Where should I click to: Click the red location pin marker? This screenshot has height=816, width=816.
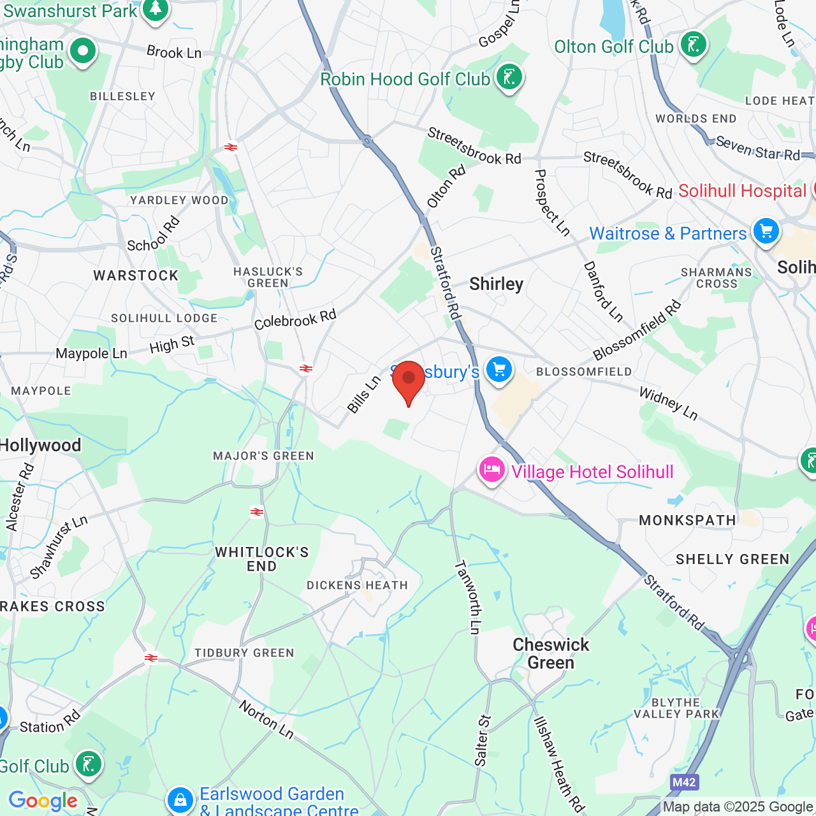click(409, 380)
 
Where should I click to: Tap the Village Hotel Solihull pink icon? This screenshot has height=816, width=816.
click(492, 470)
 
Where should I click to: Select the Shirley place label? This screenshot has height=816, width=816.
click(496, 284)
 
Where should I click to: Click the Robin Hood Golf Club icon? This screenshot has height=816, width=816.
click(509, 78)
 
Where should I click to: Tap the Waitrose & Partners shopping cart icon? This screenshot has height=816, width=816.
click(766, 231)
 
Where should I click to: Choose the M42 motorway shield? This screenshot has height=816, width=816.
click(684, 782)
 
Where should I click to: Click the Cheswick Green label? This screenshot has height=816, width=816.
click(551, 653)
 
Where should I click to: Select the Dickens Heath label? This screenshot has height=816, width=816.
click(357, 585)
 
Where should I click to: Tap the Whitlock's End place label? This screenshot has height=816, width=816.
click(262, 559)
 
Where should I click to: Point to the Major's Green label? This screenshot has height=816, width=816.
click(263, 456)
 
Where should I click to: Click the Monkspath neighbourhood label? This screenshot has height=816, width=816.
click(687, 520)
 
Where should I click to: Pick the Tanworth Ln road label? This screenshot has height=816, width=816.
click(467, 597)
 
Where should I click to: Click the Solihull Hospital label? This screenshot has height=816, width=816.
click(742, 191)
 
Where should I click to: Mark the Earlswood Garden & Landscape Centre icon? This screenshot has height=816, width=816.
click(180, 799)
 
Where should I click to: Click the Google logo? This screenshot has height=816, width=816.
click(43, 801)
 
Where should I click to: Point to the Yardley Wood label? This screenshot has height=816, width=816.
click(179, 200)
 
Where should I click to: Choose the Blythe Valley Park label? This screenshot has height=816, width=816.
click(676, 708)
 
